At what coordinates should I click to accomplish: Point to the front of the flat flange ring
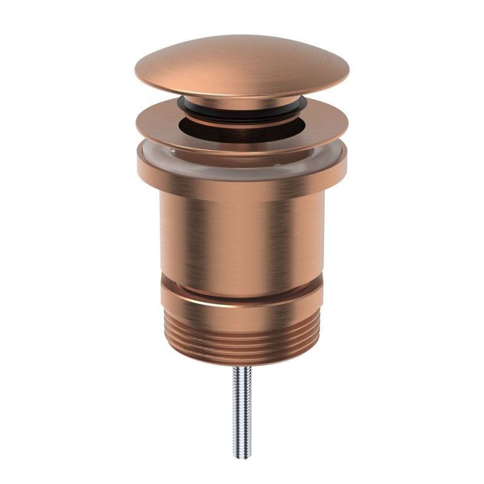coord(242,145)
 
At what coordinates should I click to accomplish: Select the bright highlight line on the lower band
coord(242,300)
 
